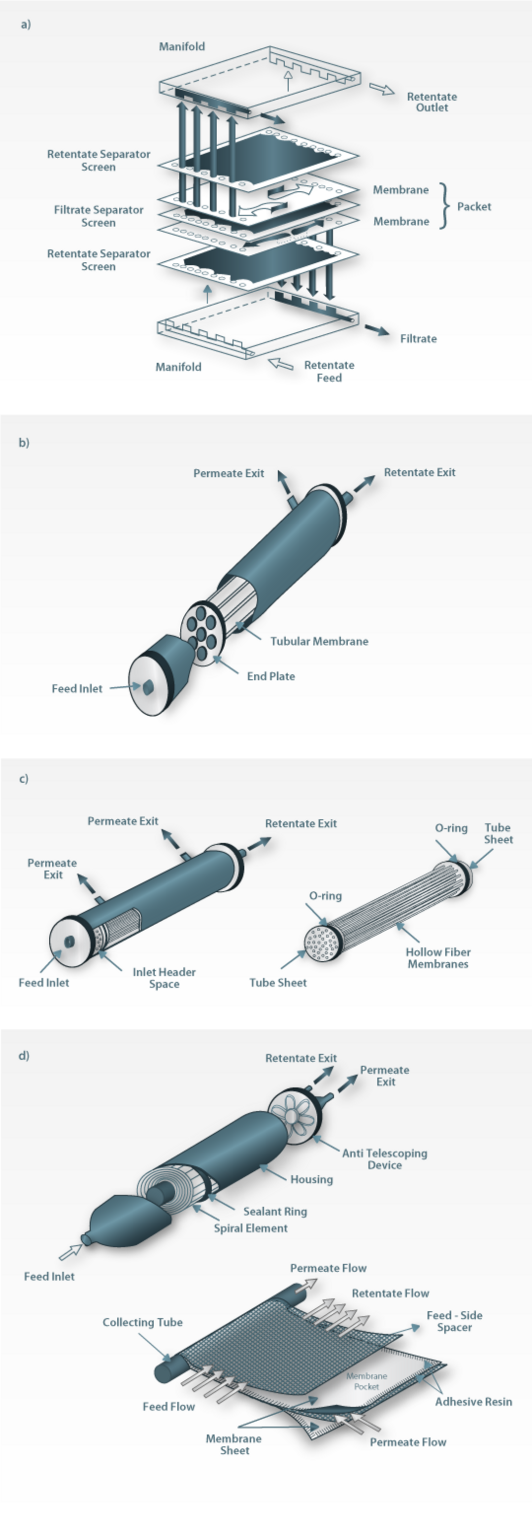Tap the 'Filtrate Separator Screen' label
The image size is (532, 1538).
click(99, 216)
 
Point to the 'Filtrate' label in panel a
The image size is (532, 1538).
click(418, 339)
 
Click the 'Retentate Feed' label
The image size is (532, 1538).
click(329, 371)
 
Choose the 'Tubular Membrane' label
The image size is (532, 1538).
click(319, 641)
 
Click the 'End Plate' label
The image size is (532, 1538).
click(271, 676)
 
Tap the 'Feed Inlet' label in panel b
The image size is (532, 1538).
click(77, 688)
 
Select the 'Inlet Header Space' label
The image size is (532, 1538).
click(164, 978)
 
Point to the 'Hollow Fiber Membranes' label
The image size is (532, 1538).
click(438, 958)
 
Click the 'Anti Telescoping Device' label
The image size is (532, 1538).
click(385, 1159)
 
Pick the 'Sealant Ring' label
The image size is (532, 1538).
click(275, 1211)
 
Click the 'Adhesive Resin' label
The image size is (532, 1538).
click(473, 1402)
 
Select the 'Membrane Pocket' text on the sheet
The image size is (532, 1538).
click(366, 1381)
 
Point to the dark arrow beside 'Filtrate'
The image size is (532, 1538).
click(377, 330)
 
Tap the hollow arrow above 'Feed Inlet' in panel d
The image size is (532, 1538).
click(70, 1252)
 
